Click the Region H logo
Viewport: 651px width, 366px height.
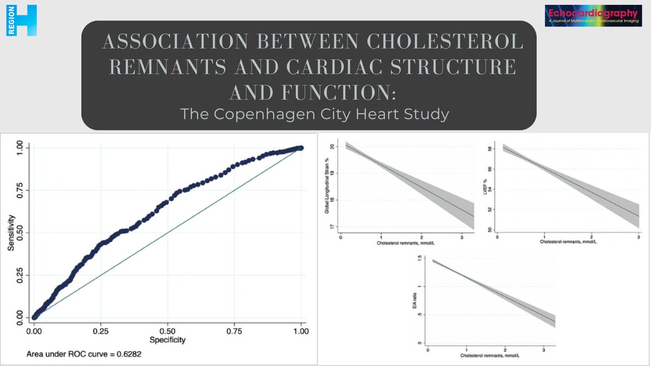point(21,20)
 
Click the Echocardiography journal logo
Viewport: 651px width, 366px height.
point(593,16)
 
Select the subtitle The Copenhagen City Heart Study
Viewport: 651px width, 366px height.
point(309,115)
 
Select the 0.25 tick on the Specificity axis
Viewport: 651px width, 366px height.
point(100,331)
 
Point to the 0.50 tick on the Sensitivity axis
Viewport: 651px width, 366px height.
point(19,232)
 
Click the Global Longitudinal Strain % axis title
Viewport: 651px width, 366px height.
point(327,187)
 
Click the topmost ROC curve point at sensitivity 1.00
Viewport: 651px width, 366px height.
point(301,148)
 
